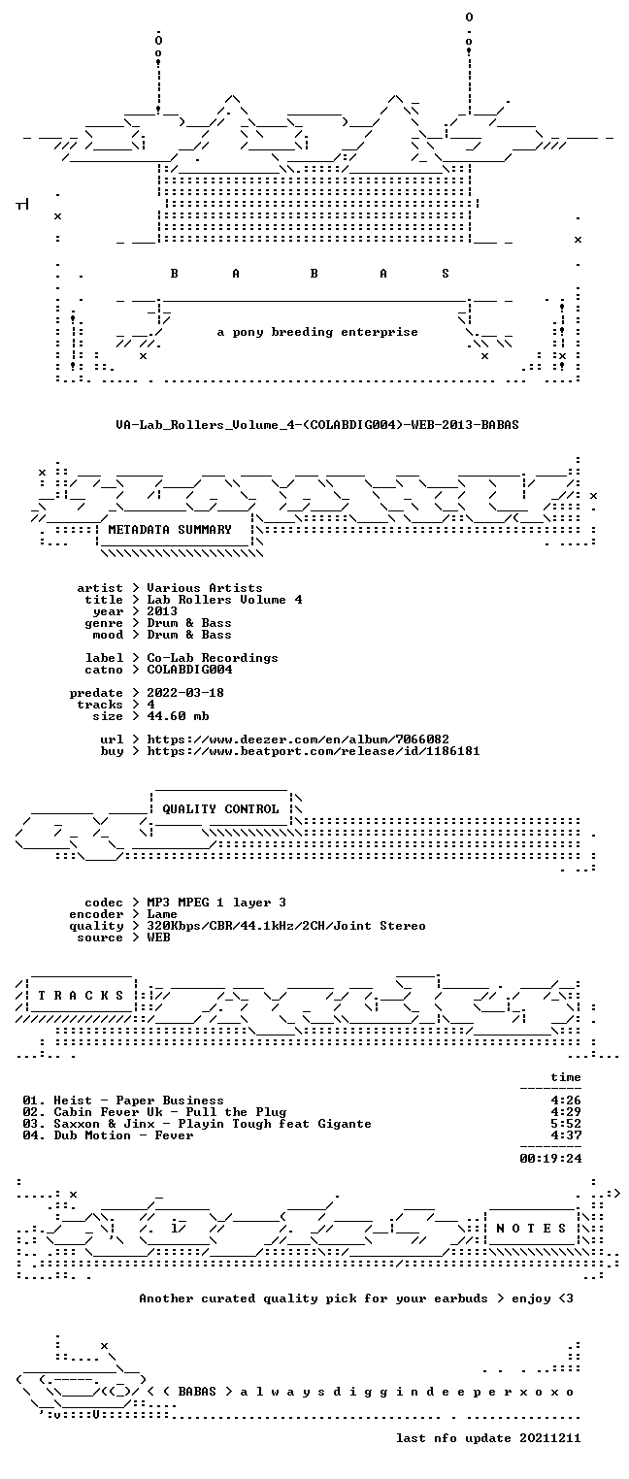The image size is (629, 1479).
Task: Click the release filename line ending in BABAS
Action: click(x=317, y=425)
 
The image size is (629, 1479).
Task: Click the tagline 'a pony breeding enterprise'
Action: click(x=317, y=332)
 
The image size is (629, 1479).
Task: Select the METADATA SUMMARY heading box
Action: click(x=175, y=530)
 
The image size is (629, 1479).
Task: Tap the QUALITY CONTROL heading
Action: click(x=220, y=809)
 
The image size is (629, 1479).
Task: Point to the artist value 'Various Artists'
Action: click(x=205, y=588)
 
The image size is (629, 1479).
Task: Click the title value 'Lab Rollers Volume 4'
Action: click(x=224, y=600)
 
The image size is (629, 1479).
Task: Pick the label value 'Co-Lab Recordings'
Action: click(x=213, y=658)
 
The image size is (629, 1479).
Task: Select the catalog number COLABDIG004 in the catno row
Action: click(x=189, y=670)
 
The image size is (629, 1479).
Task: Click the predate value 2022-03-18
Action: click(x=185, y=693)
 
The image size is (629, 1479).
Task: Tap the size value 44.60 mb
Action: click(x=178, y=716)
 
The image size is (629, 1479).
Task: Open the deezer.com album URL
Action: click(x=298, y=739)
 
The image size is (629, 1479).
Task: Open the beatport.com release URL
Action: click(x=314, y=751)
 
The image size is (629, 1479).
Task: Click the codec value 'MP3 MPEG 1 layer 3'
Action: click(x=216, y=903)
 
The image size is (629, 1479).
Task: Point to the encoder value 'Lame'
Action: click(x=162, y=914)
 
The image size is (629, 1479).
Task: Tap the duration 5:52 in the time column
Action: click(x=566, y=1124)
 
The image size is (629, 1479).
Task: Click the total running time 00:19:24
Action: click(x=551, y=1158)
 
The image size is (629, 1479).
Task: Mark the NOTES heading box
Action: click(x=532, y=1229)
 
